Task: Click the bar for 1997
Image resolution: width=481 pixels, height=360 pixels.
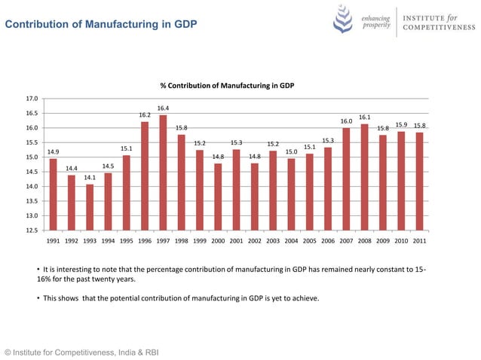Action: coord(163,172)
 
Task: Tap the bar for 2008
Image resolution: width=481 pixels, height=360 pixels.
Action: coord(364,177)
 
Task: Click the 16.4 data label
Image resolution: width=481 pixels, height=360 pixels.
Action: coord(163,108)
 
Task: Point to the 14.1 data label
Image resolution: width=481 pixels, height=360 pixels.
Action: coord(90,178)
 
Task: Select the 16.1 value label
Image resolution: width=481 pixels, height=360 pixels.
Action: coord(364,117)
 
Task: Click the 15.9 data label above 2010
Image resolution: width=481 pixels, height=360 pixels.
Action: coord(401,125)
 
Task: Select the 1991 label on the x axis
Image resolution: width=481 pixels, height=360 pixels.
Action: coord(54,242)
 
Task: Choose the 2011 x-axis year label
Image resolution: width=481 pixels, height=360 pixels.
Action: coord(419,242)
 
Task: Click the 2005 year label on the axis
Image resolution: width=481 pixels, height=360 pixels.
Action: coord(309,242)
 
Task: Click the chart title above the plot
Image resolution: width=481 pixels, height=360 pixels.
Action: coord(226,86)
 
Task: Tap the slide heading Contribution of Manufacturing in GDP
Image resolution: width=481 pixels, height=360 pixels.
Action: coord(101,26)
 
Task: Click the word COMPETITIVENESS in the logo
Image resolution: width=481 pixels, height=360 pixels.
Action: coord(437,28)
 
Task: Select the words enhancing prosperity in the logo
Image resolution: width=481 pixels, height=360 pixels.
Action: coord(375,21)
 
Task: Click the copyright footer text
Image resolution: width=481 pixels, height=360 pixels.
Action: coord(81,351)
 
